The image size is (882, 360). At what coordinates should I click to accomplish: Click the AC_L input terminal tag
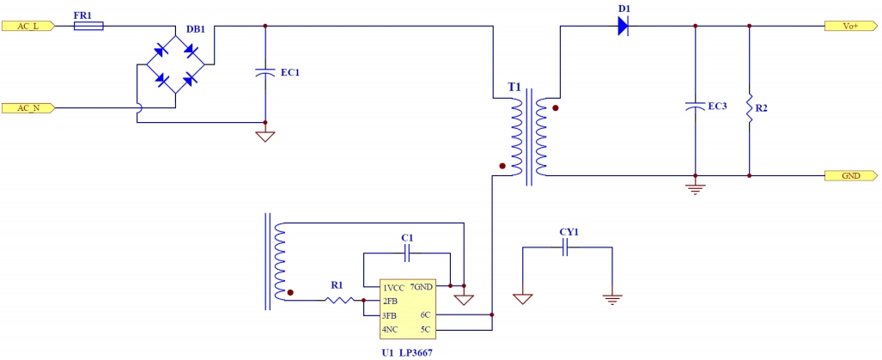coord(29,26)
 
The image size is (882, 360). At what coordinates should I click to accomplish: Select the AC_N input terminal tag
coord(29,108)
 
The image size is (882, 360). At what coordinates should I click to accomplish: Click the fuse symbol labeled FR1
coord(89,26)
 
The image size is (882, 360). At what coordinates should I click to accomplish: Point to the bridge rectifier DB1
coord(175,65)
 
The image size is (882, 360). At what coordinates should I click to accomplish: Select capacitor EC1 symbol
coord(265,74)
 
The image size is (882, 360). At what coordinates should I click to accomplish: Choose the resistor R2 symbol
coord(750,107)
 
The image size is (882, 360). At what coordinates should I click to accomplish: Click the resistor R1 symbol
coord(338,300)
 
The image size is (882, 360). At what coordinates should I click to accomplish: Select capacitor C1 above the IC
coord(407,253)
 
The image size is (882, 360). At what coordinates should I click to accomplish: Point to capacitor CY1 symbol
coord(566,248)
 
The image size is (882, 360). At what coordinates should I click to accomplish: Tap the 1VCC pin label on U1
coord(394,288)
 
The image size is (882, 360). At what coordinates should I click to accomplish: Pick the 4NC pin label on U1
coord(391,329)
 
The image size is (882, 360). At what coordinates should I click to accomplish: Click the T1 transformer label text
coord(514,88)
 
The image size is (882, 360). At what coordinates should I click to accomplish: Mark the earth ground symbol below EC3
coord(694,187)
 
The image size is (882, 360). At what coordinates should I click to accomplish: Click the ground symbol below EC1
coord(265,136)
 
